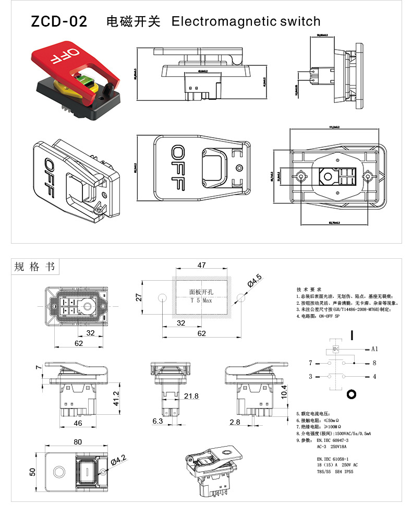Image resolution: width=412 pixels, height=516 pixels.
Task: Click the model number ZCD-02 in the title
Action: point(58,22)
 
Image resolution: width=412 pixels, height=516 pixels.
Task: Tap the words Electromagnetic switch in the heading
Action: point(246,22)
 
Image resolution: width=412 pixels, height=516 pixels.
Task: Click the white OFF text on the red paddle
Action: point(64,56)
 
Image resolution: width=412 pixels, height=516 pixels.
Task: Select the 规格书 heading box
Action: point(35,267)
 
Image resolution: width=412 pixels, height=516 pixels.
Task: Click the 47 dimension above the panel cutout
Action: point(201,266)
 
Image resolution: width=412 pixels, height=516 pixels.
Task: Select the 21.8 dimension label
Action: point(191,397)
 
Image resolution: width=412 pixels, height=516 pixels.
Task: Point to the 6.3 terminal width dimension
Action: point(157,421)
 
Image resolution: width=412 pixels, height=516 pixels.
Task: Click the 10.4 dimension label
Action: point(284,391)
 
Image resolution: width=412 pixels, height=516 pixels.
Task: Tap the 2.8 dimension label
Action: point(235,421)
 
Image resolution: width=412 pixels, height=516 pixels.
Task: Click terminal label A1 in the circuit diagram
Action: point(374,348)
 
